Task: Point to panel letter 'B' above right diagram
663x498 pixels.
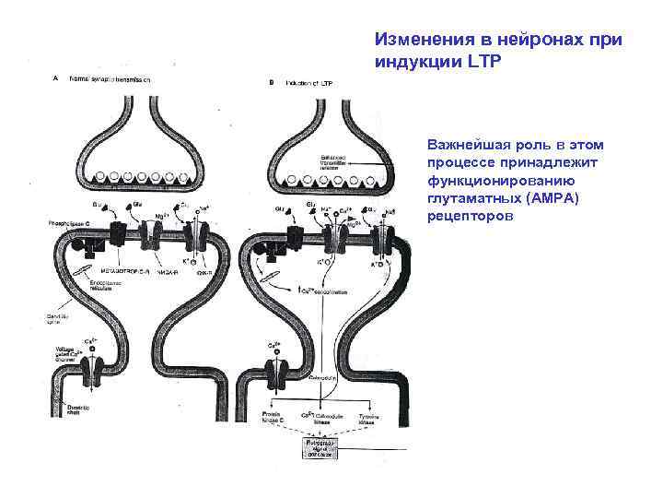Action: pyautogui.click(x=270, y=82)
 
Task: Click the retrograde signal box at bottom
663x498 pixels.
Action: pyautogui.click(x=316, y=449)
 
